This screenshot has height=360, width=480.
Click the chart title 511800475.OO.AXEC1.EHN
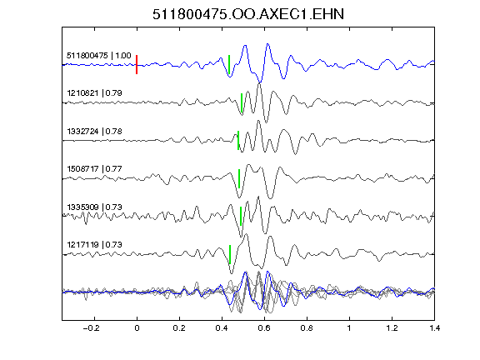pyautogui.click(x=248, y=14)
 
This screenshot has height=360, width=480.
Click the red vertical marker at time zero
pyautogui.click(x=137, y=65)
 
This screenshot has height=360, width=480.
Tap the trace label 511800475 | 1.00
pyautogui.click(x=99, y=56)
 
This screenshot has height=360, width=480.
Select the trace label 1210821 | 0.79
pyautogui.click(x=95, y=93)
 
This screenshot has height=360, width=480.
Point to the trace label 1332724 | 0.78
pyautogui.click(x=95, y=132)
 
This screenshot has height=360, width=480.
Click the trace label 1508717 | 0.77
pyautogui.click(x=95, y=169)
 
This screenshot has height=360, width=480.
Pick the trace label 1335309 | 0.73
pyautogui.click(x=95, y=207)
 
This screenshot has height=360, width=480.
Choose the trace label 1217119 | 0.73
pyautogui.click(x=95, y=245)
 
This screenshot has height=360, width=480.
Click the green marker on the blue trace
pyautogui.click(x=229, y=65)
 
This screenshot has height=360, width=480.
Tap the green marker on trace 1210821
pyautogui.click(x=242, y=102)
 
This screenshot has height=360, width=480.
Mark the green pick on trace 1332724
pyautogui.click(x=238, y=140)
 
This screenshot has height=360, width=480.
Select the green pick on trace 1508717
pyautogui.click(x=239, y=178)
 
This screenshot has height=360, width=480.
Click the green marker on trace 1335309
pyautogui.click(x=241, y=216)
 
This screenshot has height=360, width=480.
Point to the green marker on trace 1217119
pyautogui.click(x=230, y=254)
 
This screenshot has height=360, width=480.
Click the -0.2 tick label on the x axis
pyautogui.click(x=92, y=328)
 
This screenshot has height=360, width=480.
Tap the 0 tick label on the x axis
pyautogui.click(x=137, y=328)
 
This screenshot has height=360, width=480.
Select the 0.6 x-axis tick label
pyautogui.click(x=264, y=328)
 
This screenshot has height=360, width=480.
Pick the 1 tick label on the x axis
pyautogui.click(x=349, y=328)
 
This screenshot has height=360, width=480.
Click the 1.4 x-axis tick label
pyautogui.click(x=434, y=328)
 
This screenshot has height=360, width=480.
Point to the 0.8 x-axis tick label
pyautogui.click(x=307, y=328)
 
